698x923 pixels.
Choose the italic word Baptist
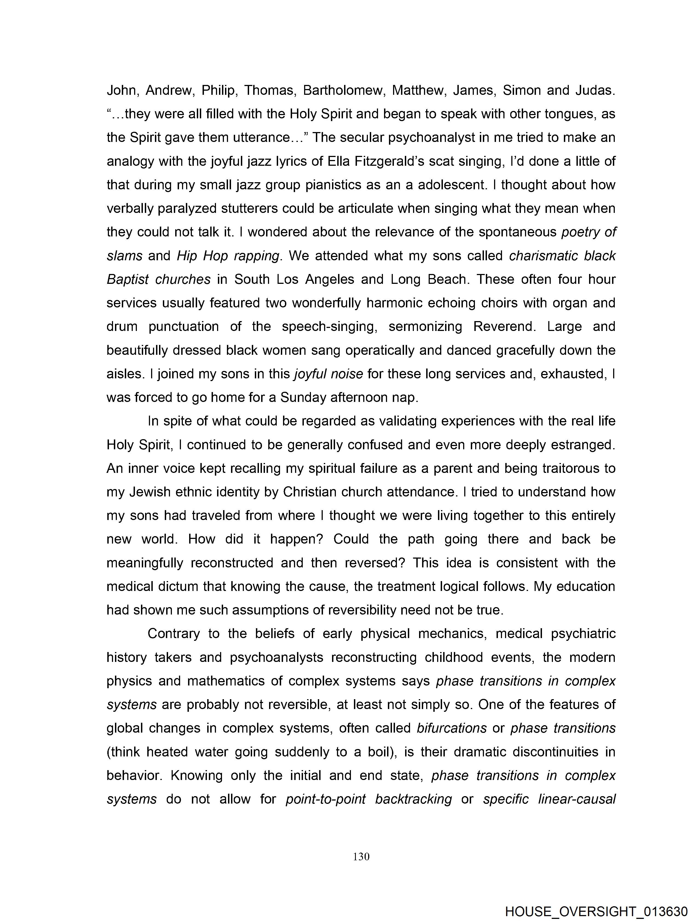tap(127, 279)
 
